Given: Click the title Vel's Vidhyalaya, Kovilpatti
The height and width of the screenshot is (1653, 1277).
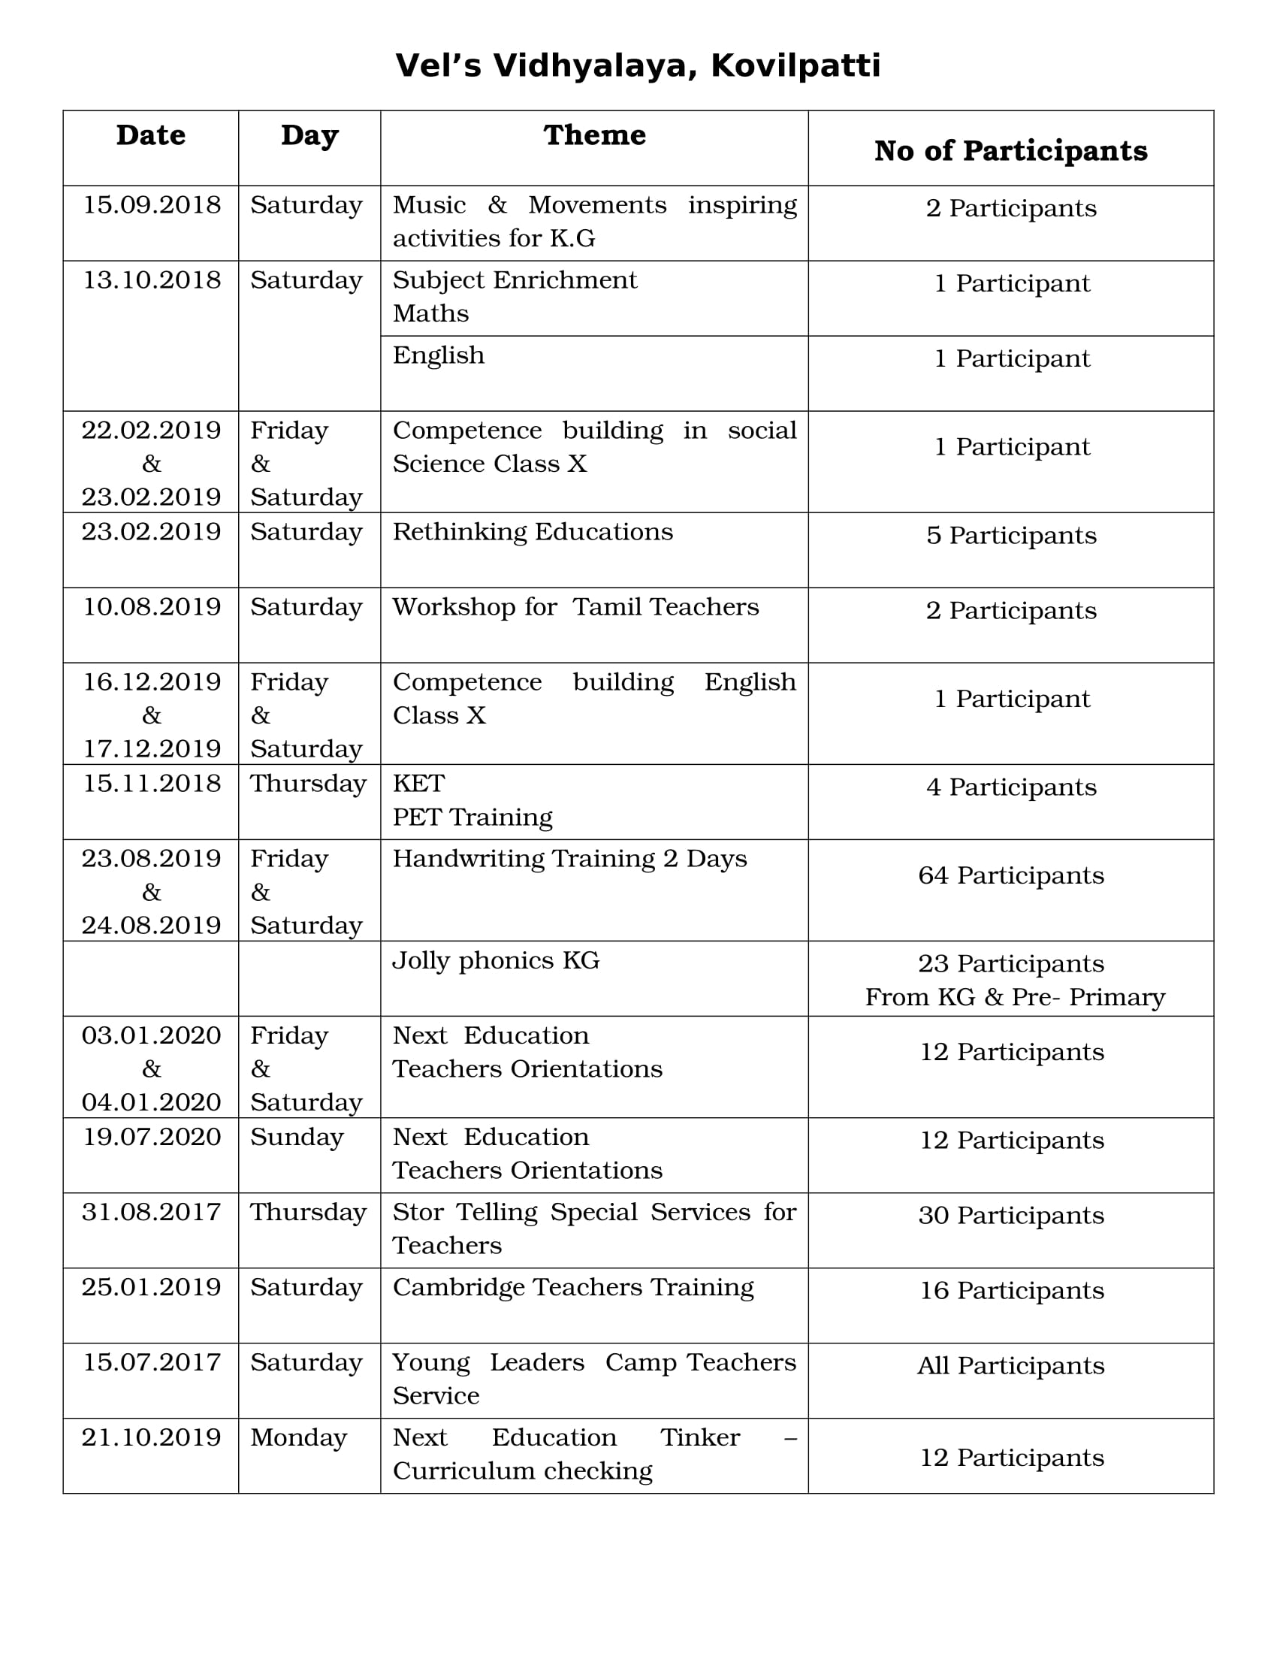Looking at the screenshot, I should pyautogui.click(x=638, y=66).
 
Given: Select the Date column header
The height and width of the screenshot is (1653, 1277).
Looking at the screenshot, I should pyautogui.click(x=150, y=135).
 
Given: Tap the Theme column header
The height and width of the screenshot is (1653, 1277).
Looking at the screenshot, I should pyautogui.click(x=595, y=135).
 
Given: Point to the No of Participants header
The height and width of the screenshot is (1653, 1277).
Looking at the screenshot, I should pyautogui.click(x=1010, y=150).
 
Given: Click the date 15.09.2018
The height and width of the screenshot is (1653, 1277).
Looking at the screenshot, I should pyautogui.click(x=151, y=205).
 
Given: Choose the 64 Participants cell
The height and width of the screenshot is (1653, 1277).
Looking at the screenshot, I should pyautogui.click(x=1010, y=875).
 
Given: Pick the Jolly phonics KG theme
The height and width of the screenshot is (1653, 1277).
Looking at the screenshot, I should pyautogui.click(x=496, y=960).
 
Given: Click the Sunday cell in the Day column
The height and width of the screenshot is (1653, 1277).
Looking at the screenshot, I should pyautogui.click(x=297, y=1137).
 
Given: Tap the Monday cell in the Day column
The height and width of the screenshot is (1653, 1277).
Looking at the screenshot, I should pyautogui.click(x=299, y=1437).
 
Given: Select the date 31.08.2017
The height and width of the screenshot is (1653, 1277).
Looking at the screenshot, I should pyautogui.click(x=151, y=1213).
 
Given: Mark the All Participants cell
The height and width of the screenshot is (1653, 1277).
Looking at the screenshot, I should pyautogui.click(x=1010, y=1366).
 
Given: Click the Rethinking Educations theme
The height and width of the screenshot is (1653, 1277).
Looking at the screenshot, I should pyautogui.click(x=533, y=532).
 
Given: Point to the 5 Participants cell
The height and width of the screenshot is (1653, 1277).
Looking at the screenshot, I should pyautogui.click(x=1010, y=536).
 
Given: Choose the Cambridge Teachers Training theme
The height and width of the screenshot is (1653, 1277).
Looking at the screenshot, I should pyautogui.click(x=572, y=1287).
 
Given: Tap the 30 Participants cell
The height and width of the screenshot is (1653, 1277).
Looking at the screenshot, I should pyautogui.click(x=1010, y=1216).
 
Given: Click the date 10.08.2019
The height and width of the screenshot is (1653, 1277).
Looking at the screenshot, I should pyautogui.click(x=151, y=607).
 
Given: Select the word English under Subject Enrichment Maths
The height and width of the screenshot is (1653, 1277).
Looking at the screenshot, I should pyautogui.click(x=439, y=355).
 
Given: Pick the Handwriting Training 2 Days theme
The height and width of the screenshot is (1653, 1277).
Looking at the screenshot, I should pyautogui.click(x=569, y=859).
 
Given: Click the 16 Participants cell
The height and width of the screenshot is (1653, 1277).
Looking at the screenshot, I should pyautogui.click(x=1010, y=1290).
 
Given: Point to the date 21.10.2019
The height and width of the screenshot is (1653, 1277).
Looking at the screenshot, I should pyautogui.click(x=151, y=1437).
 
